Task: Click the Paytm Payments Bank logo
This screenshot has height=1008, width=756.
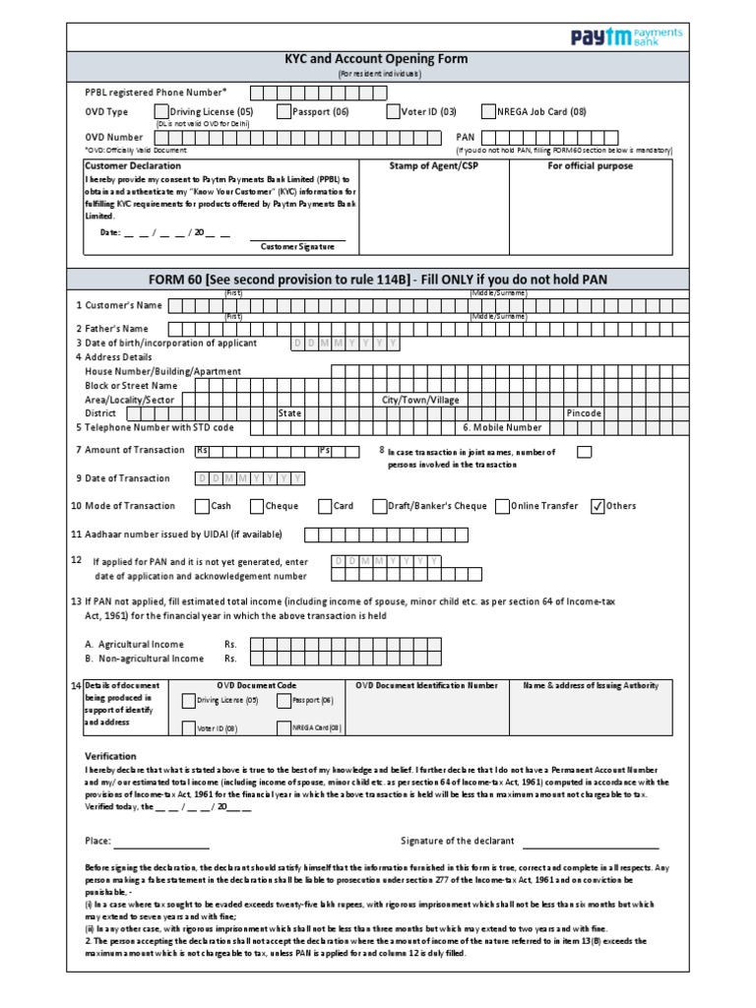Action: (627, 36)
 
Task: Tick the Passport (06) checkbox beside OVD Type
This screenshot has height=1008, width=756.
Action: (284, 111)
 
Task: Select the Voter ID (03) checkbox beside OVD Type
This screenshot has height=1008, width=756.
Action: (392, 111)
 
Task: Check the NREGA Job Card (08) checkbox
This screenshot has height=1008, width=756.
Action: (488, 111)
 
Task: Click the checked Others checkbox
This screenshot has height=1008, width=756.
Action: (597, 506)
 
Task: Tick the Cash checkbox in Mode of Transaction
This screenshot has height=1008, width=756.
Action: (201, 506)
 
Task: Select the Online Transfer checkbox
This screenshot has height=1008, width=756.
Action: (501, 506)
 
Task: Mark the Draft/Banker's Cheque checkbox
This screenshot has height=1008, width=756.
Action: (379, 506)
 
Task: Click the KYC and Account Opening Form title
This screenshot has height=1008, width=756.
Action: (376, 59)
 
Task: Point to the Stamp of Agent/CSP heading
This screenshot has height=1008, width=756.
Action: (427, 166)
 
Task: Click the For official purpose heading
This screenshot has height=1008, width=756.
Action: (590, 166)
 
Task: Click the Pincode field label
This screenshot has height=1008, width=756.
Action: (584, 413)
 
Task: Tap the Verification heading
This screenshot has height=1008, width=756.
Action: (110, 756)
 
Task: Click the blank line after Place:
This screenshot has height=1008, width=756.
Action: (162, 842)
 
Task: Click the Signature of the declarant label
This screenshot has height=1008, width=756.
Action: (457, 841)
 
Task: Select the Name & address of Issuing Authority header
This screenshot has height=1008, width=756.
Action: (591, 685)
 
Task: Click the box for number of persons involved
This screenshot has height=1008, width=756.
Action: (584, 452)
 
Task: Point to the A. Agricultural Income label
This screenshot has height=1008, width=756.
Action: (134, 644)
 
